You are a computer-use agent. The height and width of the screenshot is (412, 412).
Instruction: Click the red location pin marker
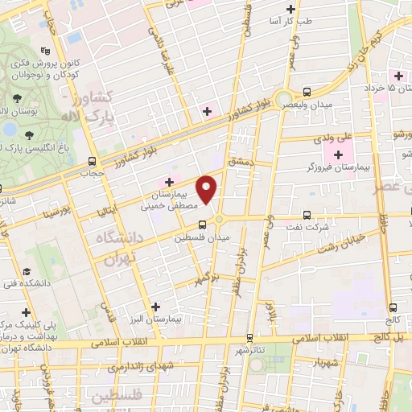(x=208, y=189)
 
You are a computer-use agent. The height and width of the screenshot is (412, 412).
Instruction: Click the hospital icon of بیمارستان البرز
(x=156, y=307)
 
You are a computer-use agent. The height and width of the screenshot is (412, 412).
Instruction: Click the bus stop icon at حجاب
(x=92, y=160)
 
